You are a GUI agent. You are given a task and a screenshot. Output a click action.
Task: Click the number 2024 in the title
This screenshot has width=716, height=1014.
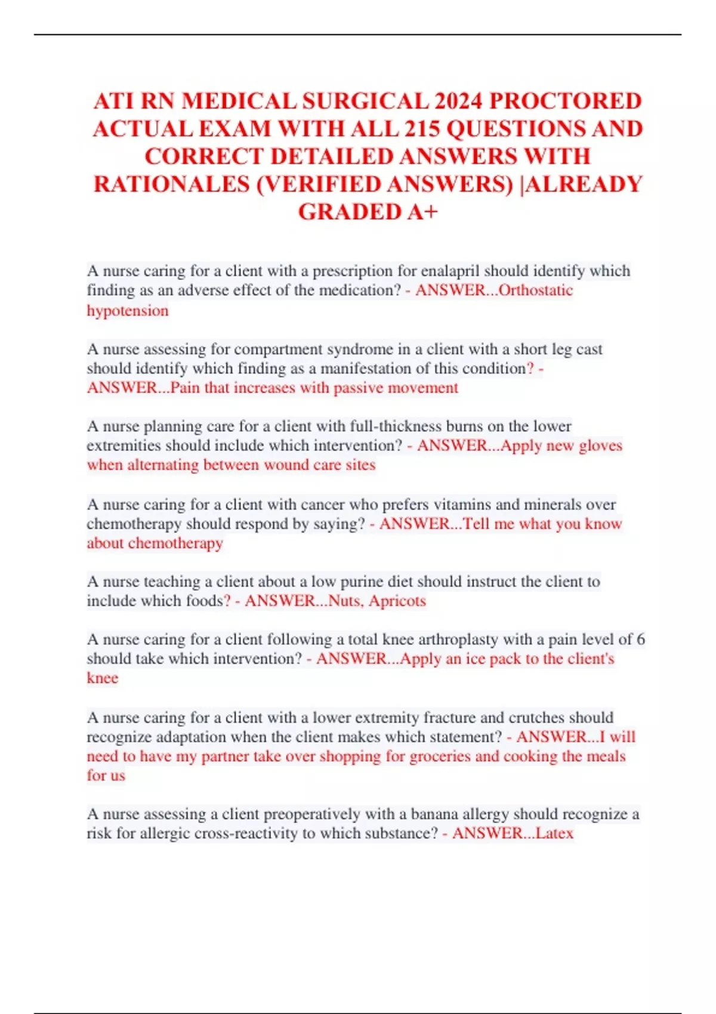click(x=458, y=101)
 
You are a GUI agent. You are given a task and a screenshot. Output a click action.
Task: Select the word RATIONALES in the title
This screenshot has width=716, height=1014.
click(x=171, y=184)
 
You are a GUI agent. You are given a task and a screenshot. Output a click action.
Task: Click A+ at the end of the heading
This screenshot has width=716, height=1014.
click(x=422, y=212)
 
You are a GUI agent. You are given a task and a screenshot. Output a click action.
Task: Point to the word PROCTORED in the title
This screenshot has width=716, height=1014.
click(x=566, y=101)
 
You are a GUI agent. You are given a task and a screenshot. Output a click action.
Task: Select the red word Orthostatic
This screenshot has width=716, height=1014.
click(x=535, y=290)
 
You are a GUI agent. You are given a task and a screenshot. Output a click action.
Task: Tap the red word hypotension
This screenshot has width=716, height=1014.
click(x=128, y=311)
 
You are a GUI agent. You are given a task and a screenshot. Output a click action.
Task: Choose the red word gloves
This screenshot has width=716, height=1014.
click(x=600, y=446)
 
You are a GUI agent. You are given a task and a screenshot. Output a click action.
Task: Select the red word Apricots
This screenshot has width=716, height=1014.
click(x=397, y=601)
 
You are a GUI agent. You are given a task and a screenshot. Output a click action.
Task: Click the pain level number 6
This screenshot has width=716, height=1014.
click(x=640, y=639)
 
